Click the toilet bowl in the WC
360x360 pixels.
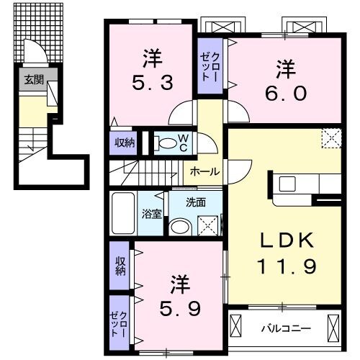166,143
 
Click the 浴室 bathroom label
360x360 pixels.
152,213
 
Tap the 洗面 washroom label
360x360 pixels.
195,202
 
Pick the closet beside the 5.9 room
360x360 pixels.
121,323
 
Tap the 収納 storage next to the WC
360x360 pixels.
124,143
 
